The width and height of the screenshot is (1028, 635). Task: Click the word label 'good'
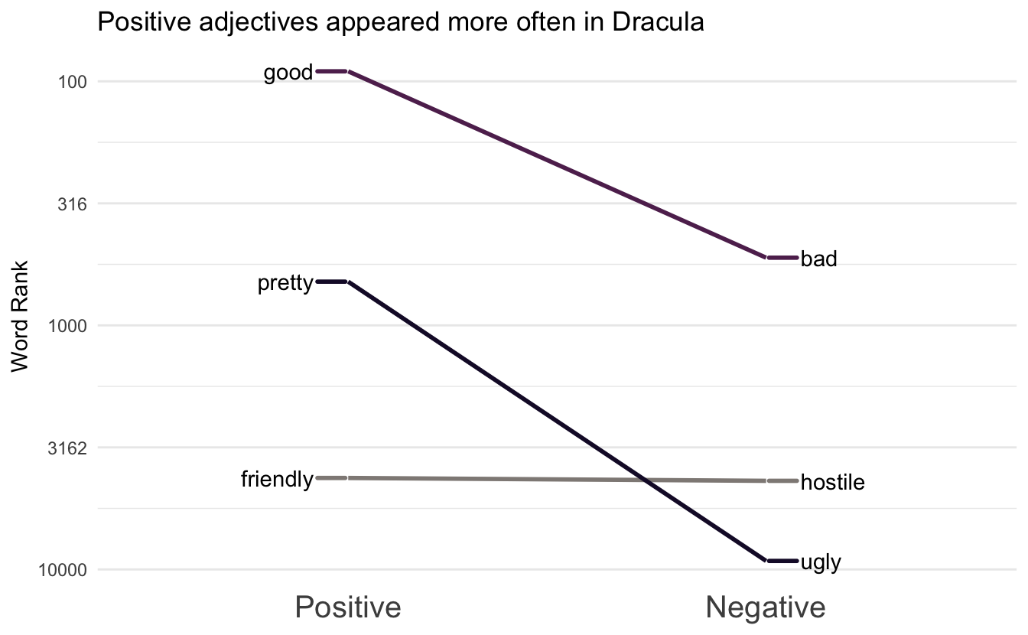click(288, 73)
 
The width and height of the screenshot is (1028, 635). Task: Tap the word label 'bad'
click(819, 259)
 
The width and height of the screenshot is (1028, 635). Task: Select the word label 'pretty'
click(285, 284)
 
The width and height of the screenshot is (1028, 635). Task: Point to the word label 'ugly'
click(821, 563)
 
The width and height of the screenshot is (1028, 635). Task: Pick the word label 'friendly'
click(276, 480)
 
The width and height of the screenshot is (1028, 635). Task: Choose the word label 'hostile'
click(832, 483)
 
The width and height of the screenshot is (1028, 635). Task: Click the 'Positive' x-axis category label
click(348, 607)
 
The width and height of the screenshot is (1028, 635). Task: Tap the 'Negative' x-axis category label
click(765, 607)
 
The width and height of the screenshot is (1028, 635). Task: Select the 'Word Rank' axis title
click(21, 316)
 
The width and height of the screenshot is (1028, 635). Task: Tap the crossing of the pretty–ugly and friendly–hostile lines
click(647, 480)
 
